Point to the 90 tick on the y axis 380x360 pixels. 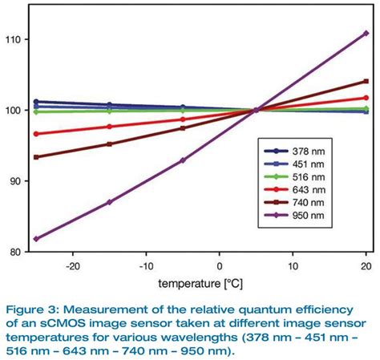tap(14, 180)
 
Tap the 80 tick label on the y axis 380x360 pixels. tap(14, 251)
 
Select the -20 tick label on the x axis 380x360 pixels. tap(72, 266)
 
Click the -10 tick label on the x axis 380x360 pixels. tap(145, 266)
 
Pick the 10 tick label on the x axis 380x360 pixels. tap(293, 266)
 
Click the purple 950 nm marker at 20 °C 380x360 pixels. tap(366, 33)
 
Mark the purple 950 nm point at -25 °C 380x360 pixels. tap(36, 238)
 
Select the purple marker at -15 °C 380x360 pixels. tap(109, 202)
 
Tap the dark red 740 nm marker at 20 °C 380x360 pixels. tap(366, 81)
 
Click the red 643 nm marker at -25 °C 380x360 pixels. tap(36, 133)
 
